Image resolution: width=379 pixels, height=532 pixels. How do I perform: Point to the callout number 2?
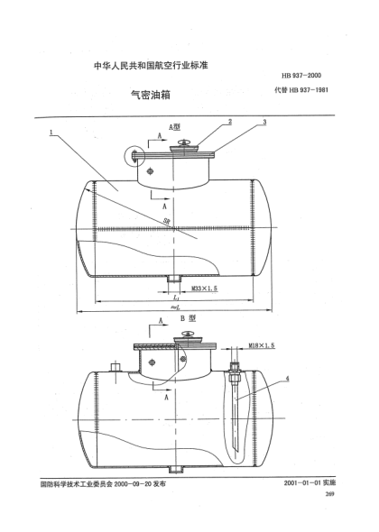[229, 122]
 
